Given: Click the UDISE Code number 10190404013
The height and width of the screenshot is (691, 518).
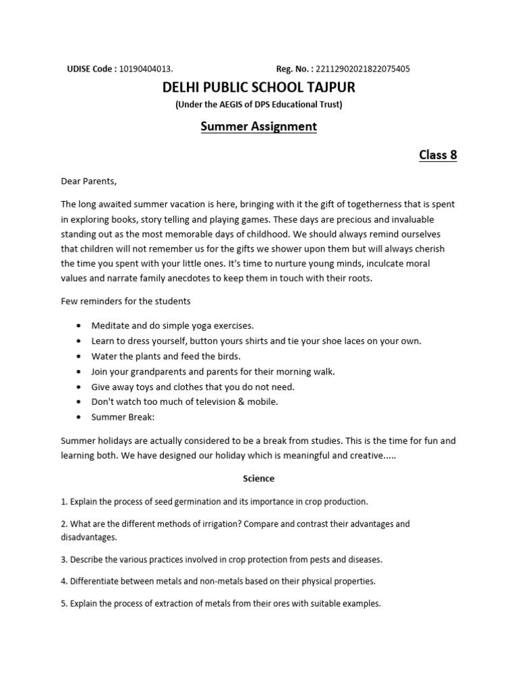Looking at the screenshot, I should [x=146, y=69].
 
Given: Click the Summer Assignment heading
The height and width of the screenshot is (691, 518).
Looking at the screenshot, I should [x=258, y=126].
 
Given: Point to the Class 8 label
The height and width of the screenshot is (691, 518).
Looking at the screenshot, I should [x=438, y=155].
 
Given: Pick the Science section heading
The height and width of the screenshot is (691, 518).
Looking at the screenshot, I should [x=258, y=478].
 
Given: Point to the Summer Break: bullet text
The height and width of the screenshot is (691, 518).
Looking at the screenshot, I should [x=123, y=417].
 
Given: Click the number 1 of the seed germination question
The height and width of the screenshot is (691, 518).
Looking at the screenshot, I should [x=63, y=501].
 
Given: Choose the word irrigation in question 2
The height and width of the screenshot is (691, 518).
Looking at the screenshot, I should [x=214, y=524].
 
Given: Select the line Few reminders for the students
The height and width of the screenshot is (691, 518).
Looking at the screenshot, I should [x=125, y=300].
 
